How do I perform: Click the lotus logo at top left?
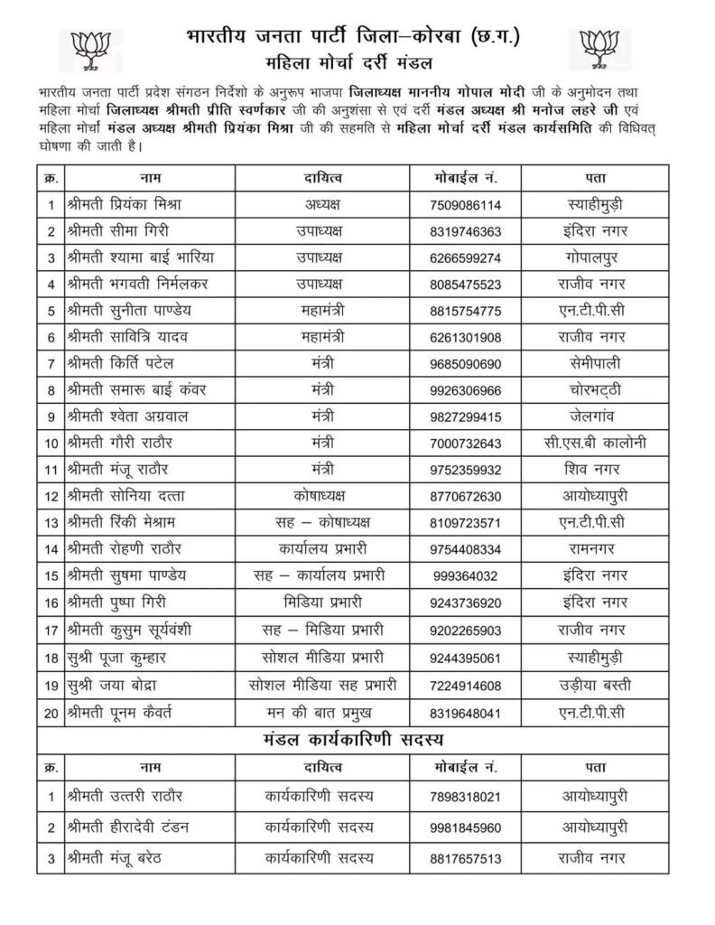click(90, 49)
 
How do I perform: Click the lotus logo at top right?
click(605, 49)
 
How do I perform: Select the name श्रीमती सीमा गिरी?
click(117, 230)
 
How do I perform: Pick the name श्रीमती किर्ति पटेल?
click(120, 364)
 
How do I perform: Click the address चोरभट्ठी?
click(590, 391)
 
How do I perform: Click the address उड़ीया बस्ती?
click(590, 685)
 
